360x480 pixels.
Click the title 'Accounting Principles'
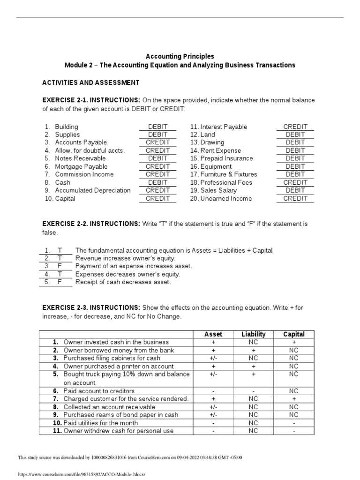180,56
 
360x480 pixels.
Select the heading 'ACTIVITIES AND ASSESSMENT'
90,82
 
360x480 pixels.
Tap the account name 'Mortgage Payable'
81,166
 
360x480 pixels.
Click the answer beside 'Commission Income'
157,174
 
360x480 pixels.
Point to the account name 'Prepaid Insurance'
226,158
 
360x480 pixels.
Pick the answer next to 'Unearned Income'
295,198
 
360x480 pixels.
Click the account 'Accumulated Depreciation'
93,190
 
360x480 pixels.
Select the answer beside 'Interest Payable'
295,127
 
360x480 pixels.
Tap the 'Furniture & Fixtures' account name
229,174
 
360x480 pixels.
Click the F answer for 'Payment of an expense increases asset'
60,266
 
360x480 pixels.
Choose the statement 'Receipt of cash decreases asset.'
123,282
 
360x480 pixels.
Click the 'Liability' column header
253,334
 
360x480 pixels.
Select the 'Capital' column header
294,334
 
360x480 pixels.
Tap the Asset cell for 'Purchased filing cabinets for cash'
213,358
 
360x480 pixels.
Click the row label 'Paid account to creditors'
99,391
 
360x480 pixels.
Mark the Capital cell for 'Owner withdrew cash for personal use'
294,431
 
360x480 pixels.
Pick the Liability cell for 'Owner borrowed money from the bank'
253,350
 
